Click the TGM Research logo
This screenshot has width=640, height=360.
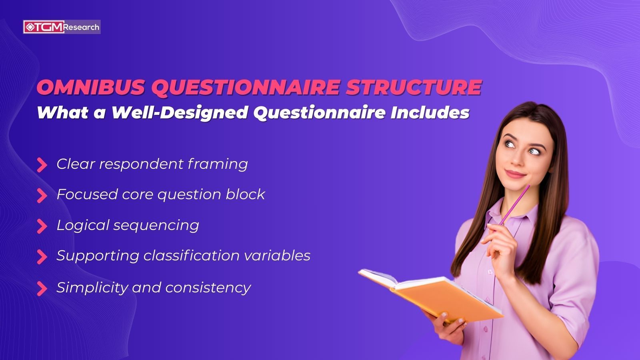point(62,27)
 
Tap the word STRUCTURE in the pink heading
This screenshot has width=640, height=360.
point(414,88)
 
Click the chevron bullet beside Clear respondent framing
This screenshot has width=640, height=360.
point(42,165)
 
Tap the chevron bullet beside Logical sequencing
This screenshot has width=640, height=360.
point(42,226)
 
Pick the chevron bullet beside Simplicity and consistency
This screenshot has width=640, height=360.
point(42,288)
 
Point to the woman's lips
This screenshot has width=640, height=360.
point(515,174)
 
